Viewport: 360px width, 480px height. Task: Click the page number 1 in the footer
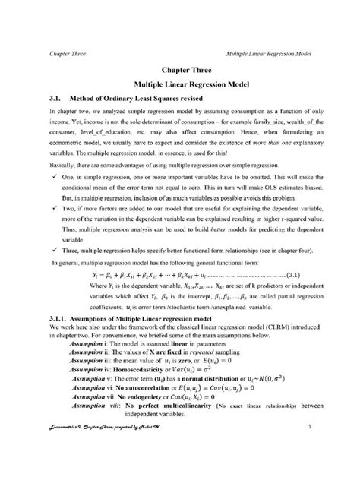point(332,451)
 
